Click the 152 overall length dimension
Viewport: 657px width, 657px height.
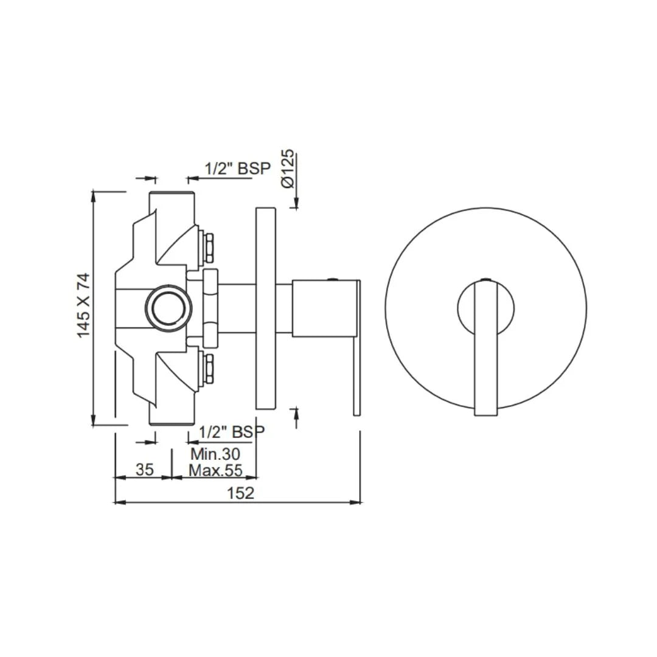(x=240, y=493)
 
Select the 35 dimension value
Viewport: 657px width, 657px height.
(x=144, y=469)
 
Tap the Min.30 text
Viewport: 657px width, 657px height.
(x=215, y=454)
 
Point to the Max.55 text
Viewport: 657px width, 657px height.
(x=215, y=470)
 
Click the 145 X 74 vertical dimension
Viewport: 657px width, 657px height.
(x=83, y=305)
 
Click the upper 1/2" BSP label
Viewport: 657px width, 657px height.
(x=237, y=169)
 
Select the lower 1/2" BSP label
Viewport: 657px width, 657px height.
(x=232, y=432)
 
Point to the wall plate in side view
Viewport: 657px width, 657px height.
(x=266, y=308)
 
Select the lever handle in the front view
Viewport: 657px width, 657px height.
(x=485, y=347)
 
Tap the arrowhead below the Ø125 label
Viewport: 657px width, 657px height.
(x=296, y=203)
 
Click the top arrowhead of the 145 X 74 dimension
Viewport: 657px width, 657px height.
(x=93, y=196)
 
